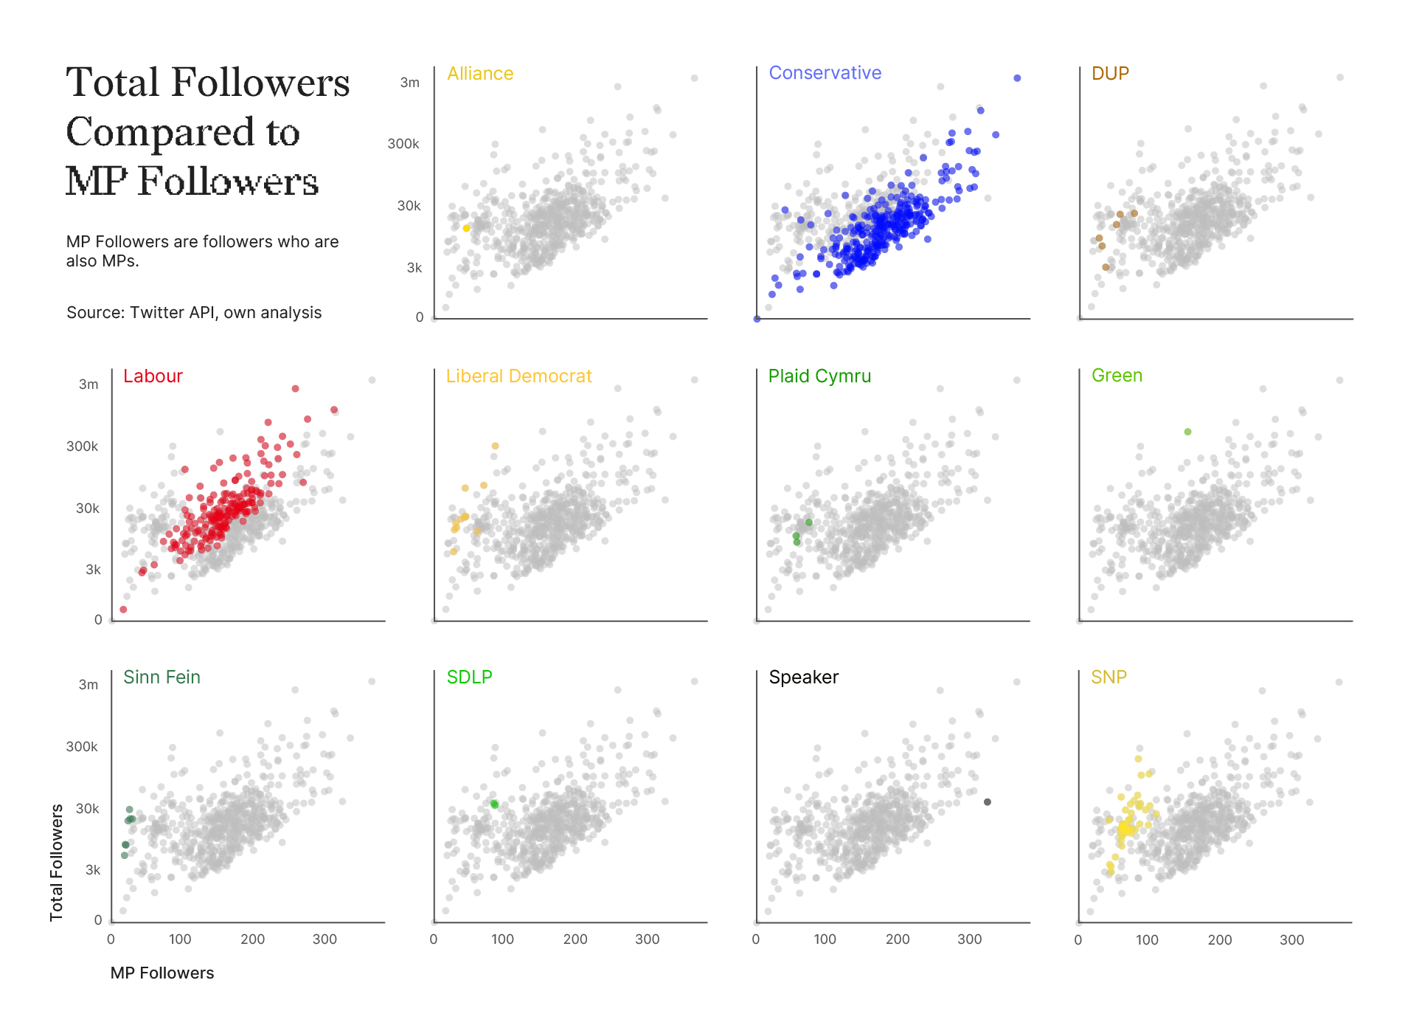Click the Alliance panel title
(x=480, y=74)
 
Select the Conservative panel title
(x=825, y=73)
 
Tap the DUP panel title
(x=1110, y=74)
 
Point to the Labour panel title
(x=153, y=376)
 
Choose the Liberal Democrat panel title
(x=518, y=376)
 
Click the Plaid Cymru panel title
(x=819, y=376)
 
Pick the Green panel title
(x=1117, y=376)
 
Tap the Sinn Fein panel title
(x=162, y=677)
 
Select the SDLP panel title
(x=469, y=677)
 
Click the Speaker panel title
(x=803, y=677)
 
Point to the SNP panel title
(x=1109, y=677)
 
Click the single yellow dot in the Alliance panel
(x=466, y=229)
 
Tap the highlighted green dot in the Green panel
(x=1187, y=432)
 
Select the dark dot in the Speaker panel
(x=988, y=802)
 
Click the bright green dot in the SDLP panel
(x=494, y=804)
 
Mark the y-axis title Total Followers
(x=57, y=863)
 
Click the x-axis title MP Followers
(x=162, y=973)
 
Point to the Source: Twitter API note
(x=194, y=313)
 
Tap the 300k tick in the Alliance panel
(x=403, y=144)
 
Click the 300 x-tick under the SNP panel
(x=1291, y=940)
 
